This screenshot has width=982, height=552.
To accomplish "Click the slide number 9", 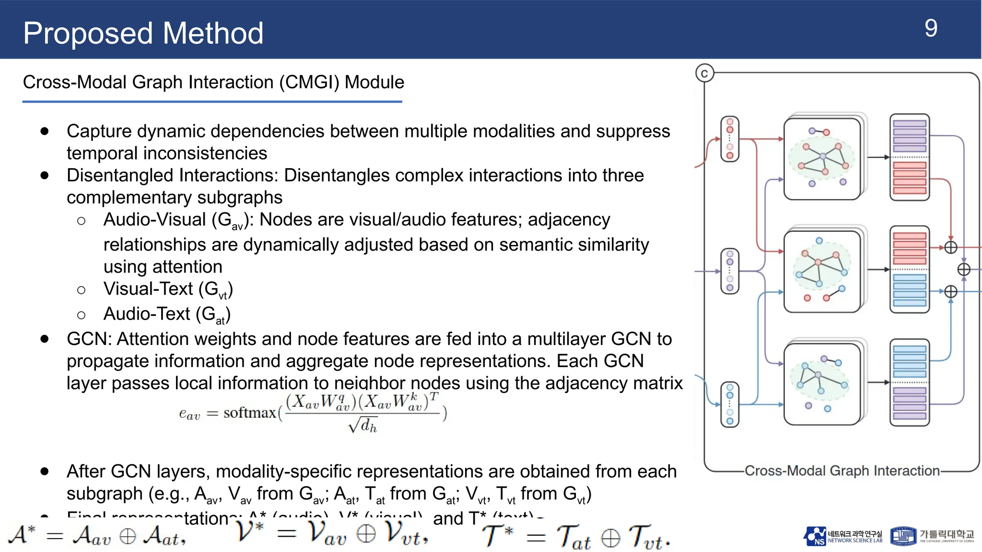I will tap(931, 29).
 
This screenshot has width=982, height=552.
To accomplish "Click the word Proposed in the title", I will tap(88, 34).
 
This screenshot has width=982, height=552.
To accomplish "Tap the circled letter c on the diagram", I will tap(704, 73).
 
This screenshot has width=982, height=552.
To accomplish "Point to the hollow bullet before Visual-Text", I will tap(82, 290).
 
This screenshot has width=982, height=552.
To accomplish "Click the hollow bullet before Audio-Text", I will tap(82, 315).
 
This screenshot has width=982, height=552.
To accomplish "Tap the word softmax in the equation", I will tap(249, 413).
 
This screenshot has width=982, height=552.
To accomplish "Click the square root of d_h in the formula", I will tap(363, 425).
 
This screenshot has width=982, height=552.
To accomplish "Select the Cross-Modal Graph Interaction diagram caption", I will tap(842, 471).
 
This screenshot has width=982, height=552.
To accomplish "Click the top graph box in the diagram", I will tap(822, 159).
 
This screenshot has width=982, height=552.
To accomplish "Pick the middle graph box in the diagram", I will tap(822, 271).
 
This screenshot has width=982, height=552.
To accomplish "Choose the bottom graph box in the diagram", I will tap(822, 384).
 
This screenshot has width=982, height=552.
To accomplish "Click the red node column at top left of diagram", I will tap(730, 139).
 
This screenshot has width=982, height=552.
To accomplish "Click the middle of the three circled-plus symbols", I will tap(964, 270).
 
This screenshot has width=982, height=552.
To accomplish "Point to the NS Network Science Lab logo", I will tap(843, 536).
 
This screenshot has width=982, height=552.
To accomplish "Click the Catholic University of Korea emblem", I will tap(903, 536).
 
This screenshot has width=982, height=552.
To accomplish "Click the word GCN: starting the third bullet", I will tap(89, 339).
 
